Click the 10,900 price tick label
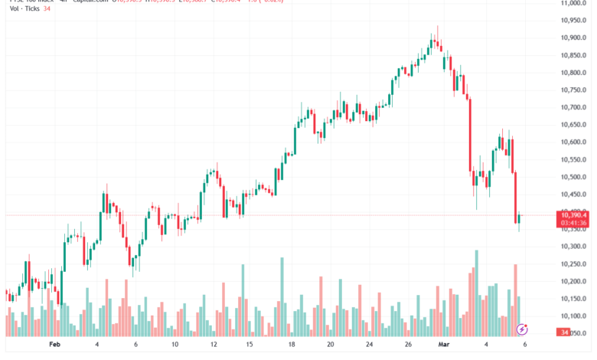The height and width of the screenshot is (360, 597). (x=574, y=38)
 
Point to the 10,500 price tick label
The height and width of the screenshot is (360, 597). (x=574, y=177)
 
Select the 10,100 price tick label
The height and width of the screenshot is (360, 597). (x=574, y=316)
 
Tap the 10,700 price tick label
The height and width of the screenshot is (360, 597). (x=574, y=107)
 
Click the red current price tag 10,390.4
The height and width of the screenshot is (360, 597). (x=574, y=216)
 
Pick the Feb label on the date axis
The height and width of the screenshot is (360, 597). (x=54, y=345)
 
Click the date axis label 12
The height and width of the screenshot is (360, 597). (x=214, y=345)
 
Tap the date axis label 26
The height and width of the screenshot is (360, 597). (x=409, y=345)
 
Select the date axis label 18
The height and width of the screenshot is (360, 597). (x=292, y=345)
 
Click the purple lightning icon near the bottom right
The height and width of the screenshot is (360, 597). (x=522, y=329)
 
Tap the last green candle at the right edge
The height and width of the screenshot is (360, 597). (x=520, y=219)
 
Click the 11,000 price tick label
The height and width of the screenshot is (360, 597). (x=574, y=3)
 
